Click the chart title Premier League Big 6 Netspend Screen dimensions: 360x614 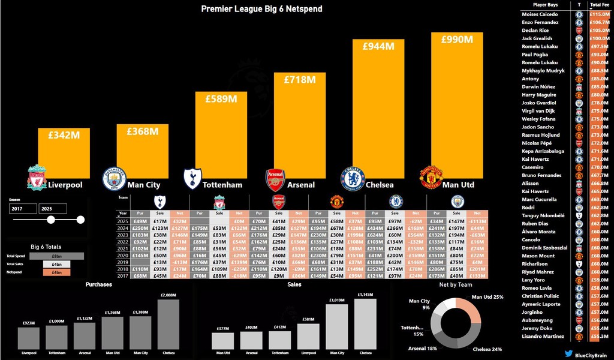tap(261, 9)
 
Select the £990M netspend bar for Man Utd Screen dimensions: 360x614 tap(457, 108)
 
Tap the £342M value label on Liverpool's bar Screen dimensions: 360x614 tap(64, 136)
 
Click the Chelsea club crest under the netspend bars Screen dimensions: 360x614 tap(353, 178)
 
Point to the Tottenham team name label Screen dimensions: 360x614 tap(222, 185)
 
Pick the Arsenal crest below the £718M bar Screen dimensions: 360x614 tap(275, 179)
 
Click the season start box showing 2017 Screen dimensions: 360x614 tap(23, 208)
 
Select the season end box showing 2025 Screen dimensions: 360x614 tap(53, 208)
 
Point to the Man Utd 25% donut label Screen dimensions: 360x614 tap(487, 297)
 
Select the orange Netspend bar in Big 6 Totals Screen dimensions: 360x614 tap(49, 272)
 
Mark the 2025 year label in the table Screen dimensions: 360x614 tap(123, 221)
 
